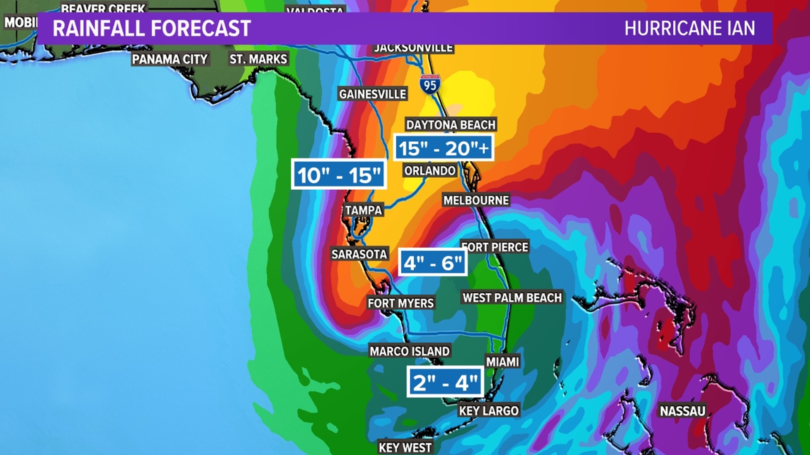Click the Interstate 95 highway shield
coord(430,85)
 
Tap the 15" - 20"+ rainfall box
coord(443,148)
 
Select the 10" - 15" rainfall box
coord(339,175)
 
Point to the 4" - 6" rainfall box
coord(433,263)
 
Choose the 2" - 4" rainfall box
coord(445,383)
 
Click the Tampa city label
coord(363,210)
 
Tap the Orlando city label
coord(430,171)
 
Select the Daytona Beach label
coord(451,125)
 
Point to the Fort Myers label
coord(400,303)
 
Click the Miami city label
coord(502,361)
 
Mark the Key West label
coord(405,447)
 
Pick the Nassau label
coord(682,411)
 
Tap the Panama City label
coord(170,59)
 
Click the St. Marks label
coord(258,59)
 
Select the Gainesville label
coord(373,94)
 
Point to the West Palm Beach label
coord(512,298)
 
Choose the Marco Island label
coord(410,351)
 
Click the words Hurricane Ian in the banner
coord(689,29)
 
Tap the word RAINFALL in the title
coord(99,29)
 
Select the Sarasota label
coord(359,254)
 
